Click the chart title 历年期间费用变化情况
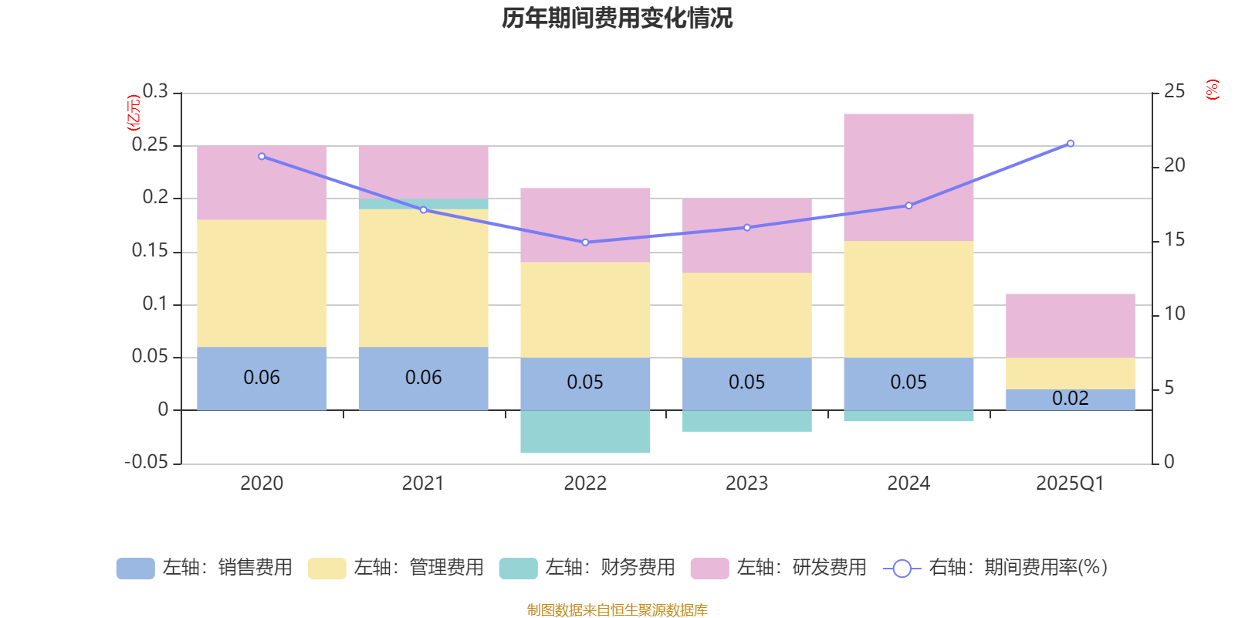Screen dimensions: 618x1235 [617, 18]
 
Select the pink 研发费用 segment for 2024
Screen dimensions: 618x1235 [908, 177]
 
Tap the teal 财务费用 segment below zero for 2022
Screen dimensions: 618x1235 [585, 431]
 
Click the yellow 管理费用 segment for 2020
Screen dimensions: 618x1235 [262, 283]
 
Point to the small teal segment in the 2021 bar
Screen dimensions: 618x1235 [423, 204]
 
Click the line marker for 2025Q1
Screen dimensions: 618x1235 [1071, 143]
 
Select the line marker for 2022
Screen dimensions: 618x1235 [585, 242]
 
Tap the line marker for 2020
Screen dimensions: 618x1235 [262, 156]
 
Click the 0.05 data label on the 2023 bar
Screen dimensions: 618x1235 [746, 382]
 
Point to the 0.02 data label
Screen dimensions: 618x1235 [1070, 399]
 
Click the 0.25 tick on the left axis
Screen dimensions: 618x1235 [150, 144]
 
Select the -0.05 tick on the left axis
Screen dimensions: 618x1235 [146, 462]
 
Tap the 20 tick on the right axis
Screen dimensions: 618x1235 [1174, 165]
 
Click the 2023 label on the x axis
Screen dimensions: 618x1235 [746, 484]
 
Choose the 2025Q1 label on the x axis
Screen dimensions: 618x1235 [1070, 484]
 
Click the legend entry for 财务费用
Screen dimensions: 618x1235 [587, 568]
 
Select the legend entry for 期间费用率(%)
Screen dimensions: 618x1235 [996, 568]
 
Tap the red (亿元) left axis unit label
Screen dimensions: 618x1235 [134, 112]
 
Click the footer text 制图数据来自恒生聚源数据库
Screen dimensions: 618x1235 [617, 610]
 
